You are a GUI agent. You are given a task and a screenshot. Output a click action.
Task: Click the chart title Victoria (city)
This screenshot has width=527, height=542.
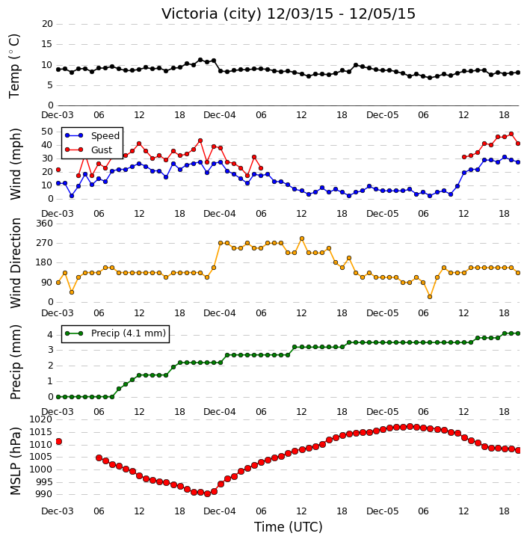click(212, 14)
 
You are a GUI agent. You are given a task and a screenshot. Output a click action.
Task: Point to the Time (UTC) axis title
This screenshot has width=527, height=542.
click(289, 527)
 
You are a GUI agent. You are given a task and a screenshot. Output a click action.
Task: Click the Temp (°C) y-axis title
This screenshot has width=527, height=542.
click(14, 66)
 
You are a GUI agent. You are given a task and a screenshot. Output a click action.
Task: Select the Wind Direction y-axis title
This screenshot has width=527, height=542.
click(16, 263)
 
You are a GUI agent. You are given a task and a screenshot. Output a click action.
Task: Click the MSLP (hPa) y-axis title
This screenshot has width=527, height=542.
click(15, 461)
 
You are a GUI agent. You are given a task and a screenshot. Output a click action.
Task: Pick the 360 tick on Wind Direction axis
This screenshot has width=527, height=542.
click(45, 224)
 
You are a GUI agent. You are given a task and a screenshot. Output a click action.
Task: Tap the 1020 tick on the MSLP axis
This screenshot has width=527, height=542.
click(41, 419)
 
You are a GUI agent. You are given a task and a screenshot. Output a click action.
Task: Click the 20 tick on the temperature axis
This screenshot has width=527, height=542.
click(47, 24)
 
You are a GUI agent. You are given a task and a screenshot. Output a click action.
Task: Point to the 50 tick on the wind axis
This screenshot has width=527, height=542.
click(47, 132)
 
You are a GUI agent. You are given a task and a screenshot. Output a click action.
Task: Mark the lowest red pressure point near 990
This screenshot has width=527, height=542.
click(207, 493)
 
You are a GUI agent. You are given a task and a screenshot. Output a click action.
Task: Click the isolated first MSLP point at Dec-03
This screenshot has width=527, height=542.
click(59, 441)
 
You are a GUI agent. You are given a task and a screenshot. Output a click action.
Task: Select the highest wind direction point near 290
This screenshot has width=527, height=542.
click(302, 238)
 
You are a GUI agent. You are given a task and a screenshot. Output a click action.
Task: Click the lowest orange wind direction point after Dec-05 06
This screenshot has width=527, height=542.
click(430, 297)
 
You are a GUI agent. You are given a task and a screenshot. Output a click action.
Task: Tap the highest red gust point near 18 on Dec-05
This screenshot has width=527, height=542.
click(511, 134)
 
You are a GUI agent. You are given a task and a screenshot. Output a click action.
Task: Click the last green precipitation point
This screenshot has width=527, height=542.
click(518, 333)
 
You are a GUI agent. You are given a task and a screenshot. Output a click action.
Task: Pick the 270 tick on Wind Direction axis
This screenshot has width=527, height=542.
click(45, 243)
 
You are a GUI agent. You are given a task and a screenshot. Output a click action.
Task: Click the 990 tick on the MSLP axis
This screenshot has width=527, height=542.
click(44, 494)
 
